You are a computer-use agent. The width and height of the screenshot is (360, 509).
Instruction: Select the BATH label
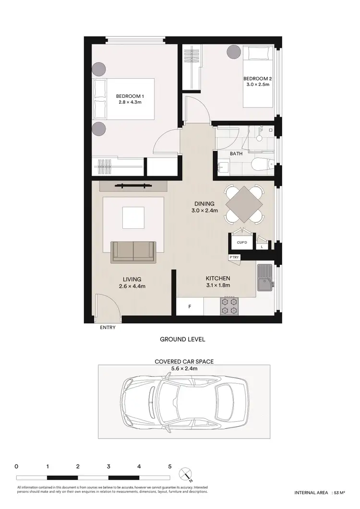[x=236, y=154]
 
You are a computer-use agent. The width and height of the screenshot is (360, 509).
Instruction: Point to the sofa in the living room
[x=133, y=252]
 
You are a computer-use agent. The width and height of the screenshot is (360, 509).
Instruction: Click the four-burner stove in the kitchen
[x=229, y=306]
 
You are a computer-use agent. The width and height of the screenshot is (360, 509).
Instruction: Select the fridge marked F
[x=190, y=307]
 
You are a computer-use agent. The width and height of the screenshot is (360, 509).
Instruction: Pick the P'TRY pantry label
[x=234, y=258]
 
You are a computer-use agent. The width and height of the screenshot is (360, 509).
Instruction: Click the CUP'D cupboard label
[x=242, y=243]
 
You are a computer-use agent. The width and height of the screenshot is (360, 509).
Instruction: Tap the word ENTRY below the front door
[x=108, y=328]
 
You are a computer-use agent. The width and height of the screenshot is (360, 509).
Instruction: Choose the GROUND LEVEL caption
[x=182, y=339]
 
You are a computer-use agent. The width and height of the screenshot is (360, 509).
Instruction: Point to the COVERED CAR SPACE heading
[x=184, y=361]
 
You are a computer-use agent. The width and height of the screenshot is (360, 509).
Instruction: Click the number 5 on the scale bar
[x=169, y=466]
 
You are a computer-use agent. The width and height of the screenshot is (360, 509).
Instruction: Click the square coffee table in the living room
[x=133, y=218]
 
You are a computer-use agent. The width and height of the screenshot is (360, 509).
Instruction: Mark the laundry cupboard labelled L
[x=262, y=247]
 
